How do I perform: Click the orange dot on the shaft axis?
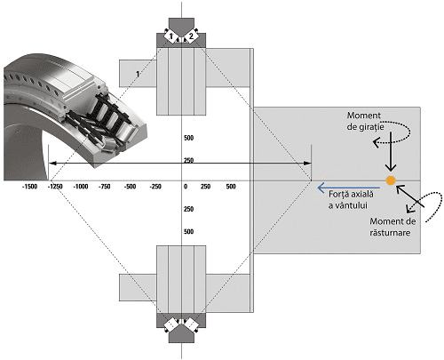click(391, 180)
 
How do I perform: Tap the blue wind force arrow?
click(349, 188)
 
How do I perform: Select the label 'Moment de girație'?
click(366, 121)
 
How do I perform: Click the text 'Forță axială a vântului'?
click(351, 200)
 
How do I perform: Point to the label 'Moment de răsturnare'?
click(392, 227)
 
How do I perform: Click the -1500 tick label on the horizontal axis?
click(29, 187)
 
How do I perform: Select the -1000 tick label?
click(81, 187)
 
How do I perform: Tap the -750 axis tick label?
click(105, 187)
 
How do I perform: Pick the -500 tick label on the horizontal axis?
click(130, 187)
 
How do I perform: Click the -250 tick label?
click(155, 187)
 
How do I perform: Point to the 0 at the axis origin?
click(186, 187)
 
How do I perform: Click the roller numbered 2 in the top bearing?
click(191, 36)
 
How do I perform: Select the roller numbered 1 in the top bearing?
click(170, 36)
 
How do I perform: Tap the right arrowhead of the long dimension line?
click(308, 163)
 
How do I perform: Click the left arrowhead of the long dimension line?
click(52, 163)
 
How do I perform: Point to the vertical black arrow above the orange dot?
click(391, 152)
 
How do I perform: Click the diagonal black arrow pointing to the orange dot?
click(410, 196)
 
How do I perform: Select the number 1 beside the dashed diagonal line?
click(138, 74)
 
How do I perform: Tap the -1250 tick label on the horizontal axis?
click(55, 187)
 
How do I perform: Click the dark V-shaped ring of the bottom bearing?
click(181, 328)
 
